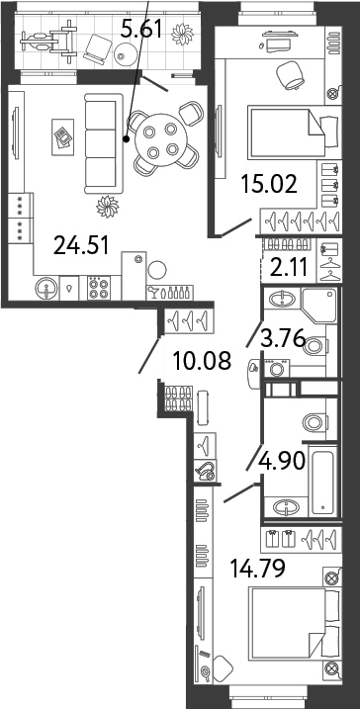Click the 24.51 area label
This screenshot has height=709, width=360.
point(81,246)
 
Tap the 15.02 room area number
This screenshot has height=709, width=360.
point(269,184)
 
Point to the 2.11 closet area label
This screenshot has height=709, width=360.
point(290,267)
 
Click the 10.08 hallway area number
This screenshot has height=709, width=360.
point(202,360)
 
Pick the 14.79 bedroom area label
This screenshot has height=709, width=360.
point(258,569)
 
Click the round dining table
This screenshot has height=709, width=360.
point(160,140)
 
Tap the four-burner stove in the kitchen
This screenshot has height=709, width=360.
point(99,289)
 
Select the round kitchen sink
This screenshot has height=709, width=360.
point(47,288)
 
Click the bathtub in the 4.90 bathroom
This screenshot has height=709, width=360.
point(323,481)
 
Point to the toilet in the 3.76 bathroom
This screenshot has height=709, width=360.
point(315,346)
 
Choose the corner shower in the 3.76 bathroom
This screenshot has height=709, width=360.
point(319,306)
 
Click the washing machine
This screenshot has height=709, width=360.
point(276,368)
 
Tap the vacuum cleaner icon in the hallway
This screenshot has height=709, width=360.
point(205,472)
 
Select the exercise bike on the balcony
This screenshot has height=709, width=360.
point(47,41)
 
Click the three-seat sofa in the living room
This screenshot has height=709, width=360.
point(104,143)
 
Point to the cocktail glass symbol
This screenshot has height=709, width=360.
point(154,293)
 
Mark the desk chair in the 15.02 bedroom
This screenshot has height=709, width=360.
point(290,75)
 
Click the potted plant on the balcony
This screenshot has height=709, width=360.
point(182,34)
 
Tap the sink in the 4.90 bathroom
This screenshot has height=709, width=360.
point(286,507)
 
